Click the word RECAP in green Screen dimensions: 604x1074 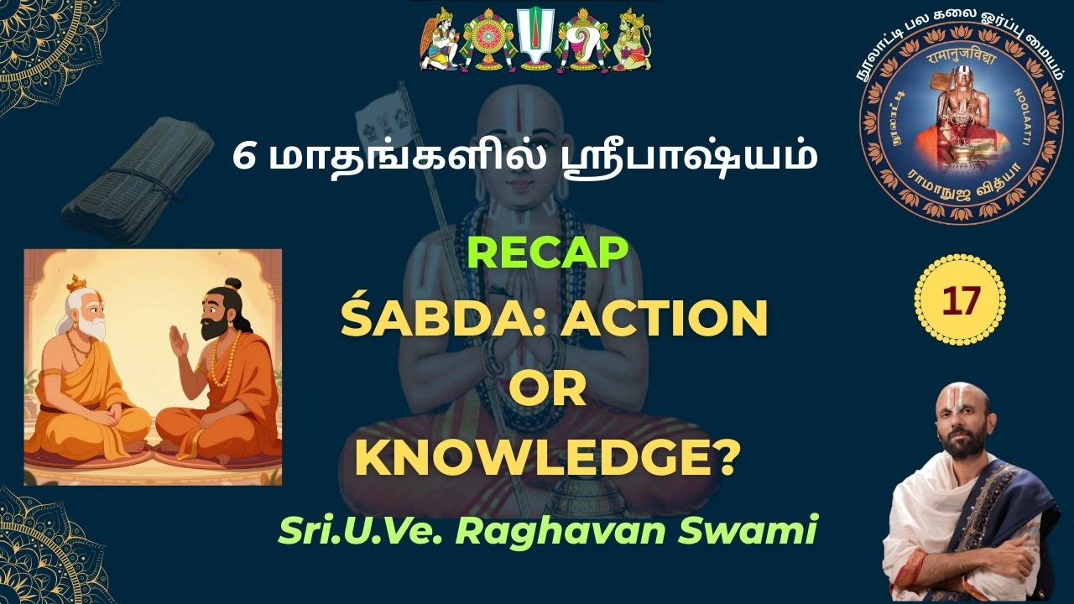tap(547, 253)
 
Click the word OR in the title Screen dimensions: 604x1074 tap(547, 391)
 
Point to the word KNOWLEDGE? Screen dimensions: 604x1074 tap(547, 458)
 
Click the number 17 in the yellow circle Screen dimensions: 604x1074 tap(960, 300)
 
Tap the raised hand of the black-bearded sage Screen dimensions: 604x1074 tap(178, 341)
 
